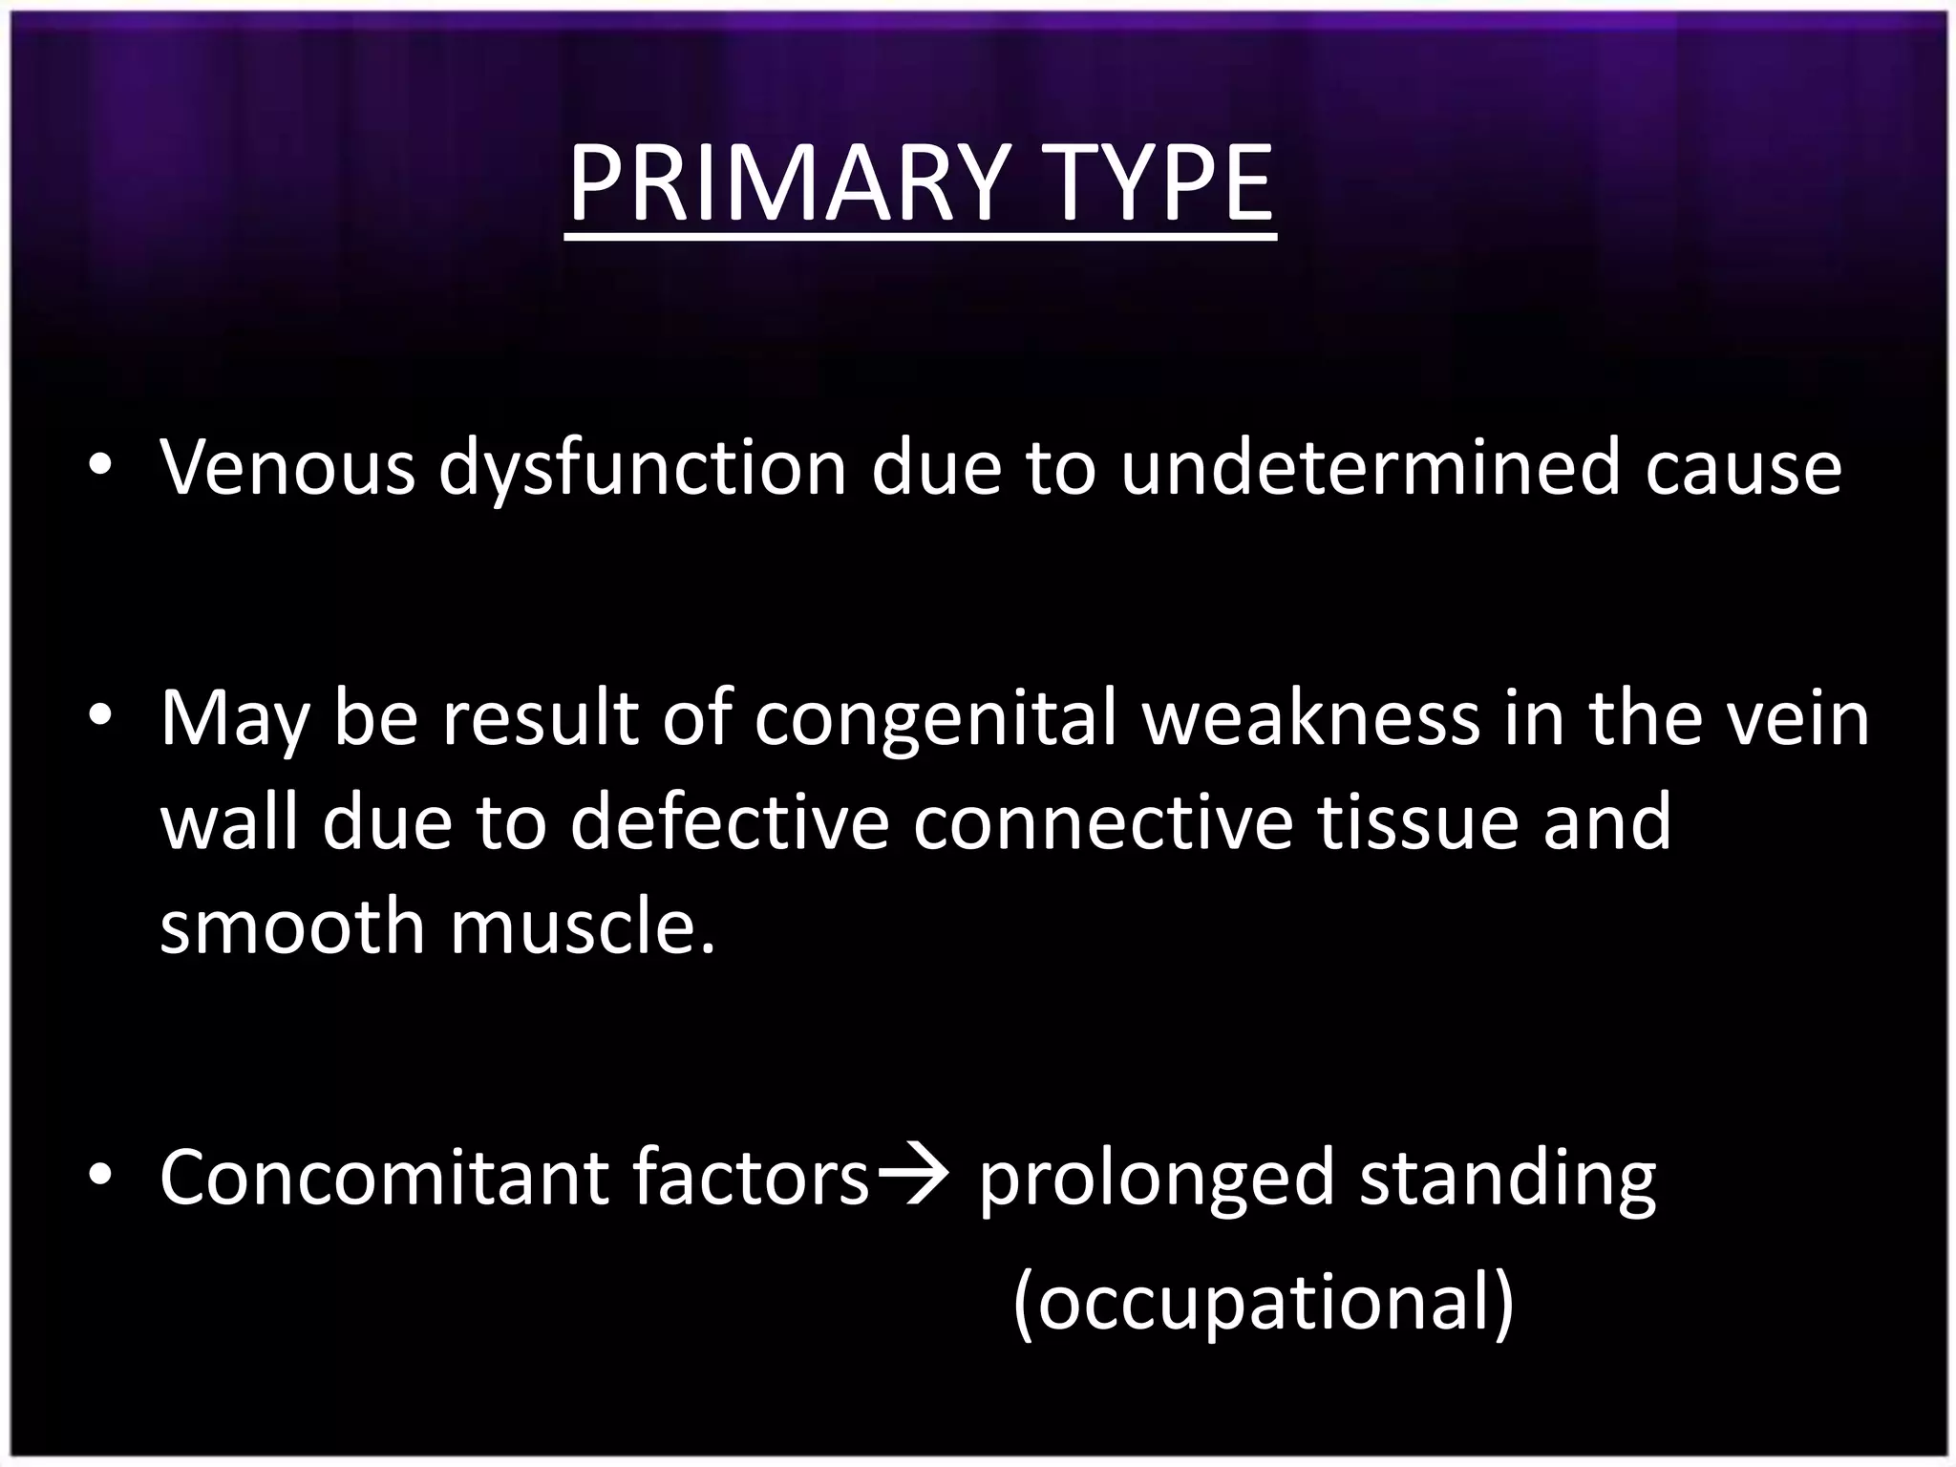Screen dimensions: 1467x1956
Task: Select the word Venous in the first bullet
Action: click(x=287, y=468)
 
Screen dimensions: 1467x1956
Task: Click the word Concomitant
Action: click(x=383, y=1177)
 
